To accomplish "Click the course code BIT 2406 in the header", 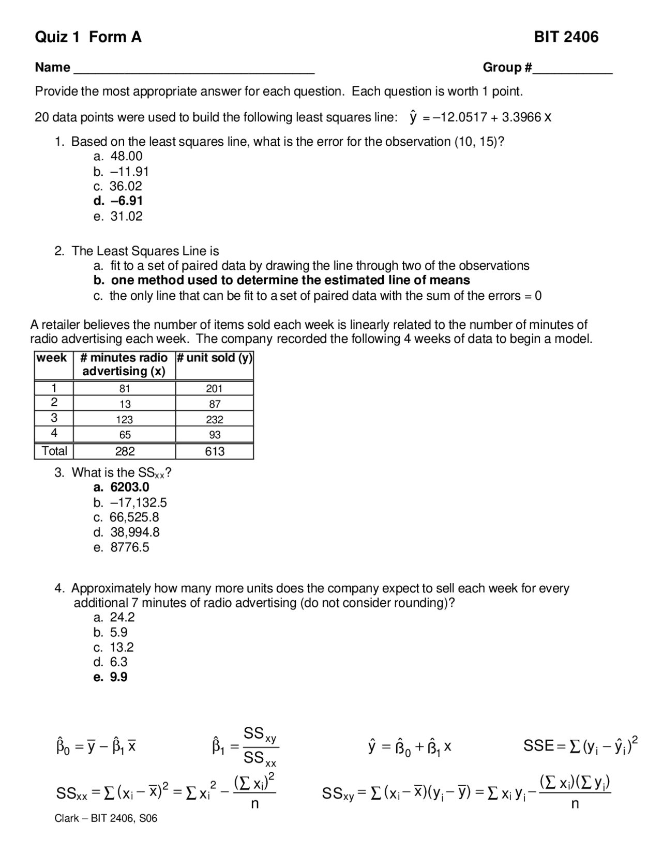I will pos(566,37).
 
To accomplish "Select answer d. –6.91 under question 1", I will pos(118,201).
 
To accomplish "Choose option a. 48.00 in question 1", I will pos(118,156).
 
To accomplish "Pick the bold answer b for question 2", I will pos(282,280).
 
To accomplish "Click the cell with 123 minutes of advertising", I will pos(124,420).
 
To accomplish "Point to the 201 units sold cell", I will pos(214,389).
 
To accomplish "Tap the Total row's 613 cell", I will pos(215,451).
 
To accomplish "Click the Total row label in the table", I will pos(54,451).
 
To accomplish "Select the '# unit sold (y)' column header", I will pos(214,358).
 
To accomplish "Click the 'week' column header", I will pos(52,358).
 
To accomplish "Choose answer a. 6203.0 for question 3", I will pos(122,487).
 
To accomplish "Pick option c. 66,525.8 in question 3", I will pos(126,517).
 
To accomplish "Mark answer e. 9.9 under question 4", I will pos(111,677).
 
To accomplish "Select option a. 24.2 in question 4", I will pos(114,617).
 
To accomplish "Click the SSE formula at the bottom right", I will pos(580,745).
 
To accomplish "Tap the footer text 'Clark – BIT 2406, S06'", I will pos(106,818).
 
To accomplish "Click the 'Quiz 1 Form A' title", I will pos(88,37).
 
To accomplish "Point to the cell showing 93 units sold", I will pos(215,435).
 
